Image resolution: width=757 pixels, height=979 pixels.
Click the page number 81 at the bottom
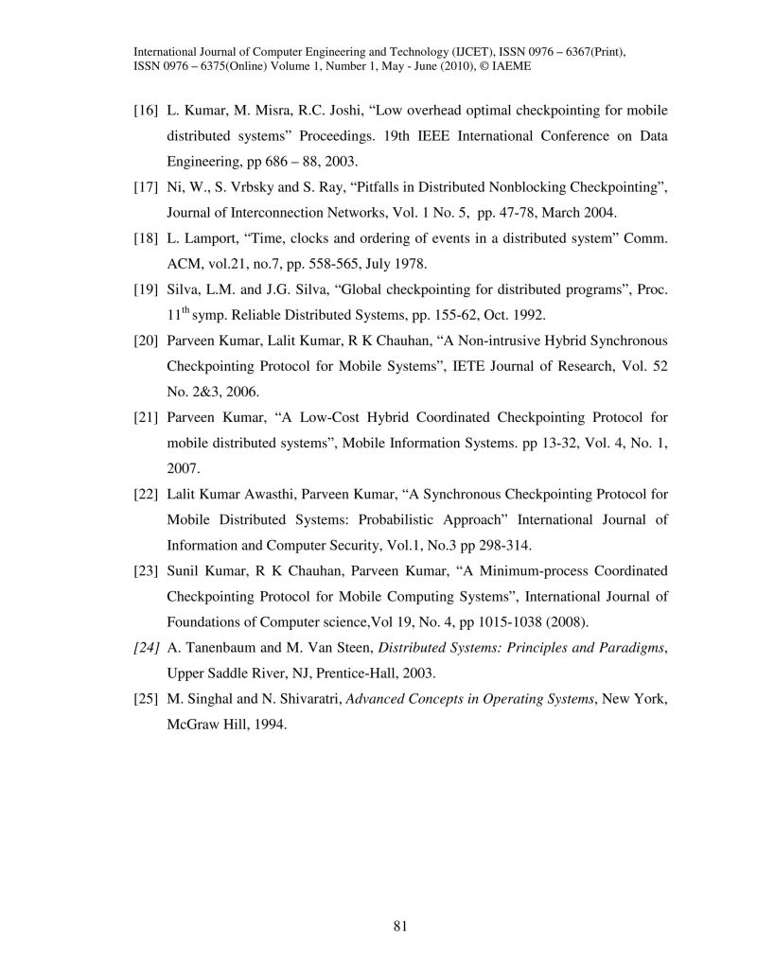(x=399, y=926)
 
